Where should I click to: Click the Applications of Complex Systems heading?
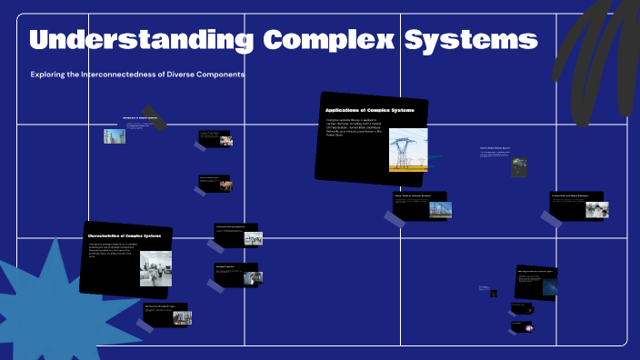point(369,110)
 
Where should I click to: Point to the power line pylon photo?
point(408,149)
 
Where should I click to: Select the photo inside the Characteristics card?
point(155,268)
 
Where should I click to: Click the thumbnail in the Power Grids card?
point(440,209)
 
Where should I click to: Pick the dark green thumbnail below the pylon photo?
point(519,167)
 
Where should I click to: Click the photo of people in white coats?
point(596,209)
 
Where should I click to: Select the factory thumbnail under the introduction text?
point(114,136)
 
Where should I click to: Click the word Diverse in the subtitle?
point(188,74)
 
